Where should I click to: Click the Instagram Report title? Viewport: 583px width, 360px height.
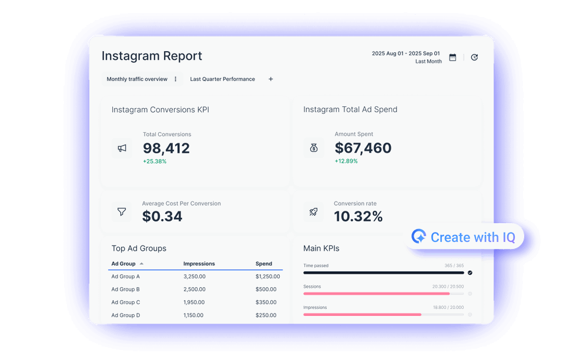pos(152,56)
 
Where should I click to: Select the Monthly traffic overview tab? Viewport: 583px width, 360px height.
pos(137,79)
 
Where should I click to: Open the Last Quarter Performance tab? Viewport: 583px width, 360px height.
pos(222,79)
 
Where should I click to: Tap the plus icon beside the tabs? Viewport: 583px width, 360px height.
pos(271,79)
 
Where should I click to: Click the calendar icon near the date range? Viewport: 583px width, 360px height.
pos(453,58)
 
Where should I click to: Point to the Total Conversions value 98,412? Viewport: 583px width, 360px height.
pos(166,148)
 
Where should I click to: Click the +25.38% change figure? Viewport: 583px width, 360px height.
pos(155,162)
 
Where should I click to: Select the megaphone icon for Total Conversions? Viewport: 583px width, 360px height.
pos(122,148)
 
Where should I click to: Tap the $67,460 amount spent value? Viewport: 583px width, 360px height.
pos(363,148)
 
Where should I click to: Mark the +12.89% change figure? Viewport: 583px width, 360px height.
pos(346,162)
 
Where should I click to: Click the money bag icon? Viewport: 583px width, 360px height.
pos(314,148)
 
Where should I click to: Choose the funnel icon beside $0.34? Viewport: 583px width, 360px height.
pos(122,211)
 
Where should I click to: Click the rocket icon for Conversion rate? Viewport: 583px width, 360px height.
pos(314,211)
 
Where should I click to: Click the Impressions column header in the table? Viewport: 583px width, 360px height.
pos(199,264)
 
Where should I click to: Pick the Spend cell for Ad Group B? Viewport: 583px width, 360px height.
pos(266,290)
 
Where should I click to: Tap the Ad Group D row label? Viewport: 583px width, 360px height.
pos(126,315)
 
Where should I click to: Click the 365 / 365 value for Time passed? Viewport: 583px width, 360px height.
pos(454,265)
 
